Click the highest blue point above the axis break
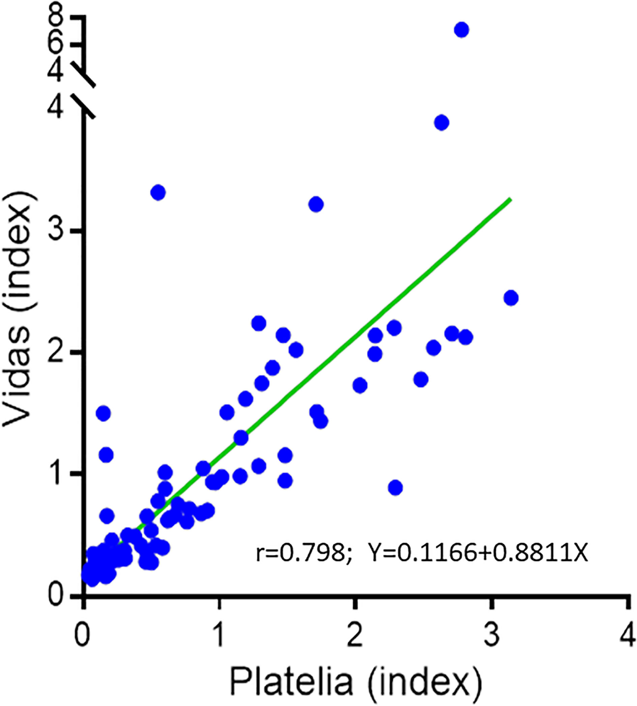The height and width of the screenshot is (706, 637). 461,30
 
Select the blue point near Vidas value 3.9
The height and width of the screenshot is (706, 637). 441,123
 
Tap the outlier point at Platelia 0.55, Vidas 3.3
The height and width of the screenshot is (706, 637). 158,192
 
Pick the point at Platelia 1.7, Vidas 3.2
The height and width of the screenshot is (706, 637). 316,204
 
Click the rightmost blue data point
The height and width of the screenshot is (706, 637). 511,298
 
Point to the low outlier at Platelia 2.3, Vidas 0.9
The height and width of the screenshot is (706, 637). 395,488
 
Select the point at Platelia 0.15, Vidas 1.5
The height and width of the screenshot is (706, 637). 103,413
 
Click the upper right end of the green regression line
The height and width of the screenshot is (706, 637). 510,199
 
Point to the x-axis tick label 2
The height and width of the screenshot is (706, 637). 355,635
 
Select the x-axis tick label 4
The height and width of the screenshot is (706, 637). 627,635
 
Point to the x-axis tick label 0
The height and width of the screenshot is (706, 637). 82,635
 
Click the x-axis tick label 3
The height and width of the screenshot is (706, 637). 492,635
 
